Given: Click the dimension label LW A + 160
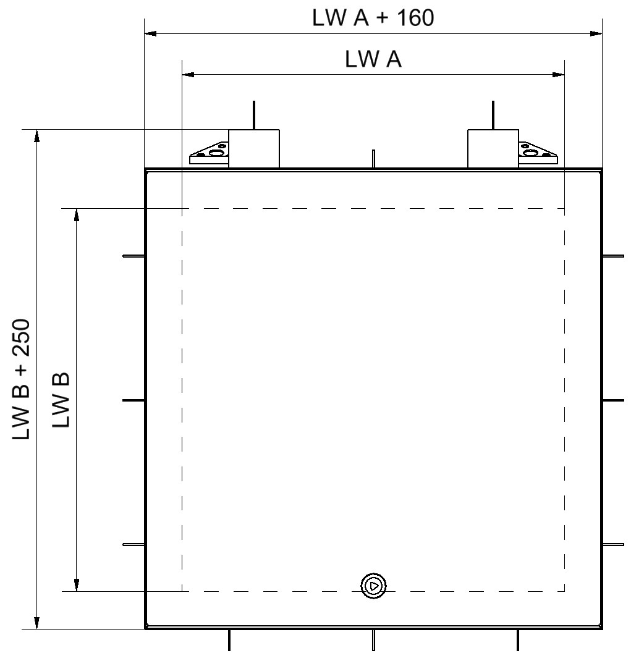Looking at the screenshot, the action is pos(373,18).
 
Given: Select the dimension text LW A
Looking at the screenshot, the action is pos(373,59).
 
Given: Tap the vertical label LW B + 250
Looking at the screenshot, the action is pos(21,379).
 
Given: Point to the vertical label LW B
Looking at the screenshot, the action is pos(61,400).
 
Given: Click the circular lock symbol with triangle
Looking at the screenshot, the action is pos(374,586).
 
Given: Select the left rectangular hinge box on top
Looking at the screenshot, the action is pos(253,149).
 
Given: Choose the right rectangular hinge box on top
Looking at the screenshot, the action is pos(493,149).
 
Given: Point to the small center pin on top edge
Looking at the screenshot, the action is pos(374,159).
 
